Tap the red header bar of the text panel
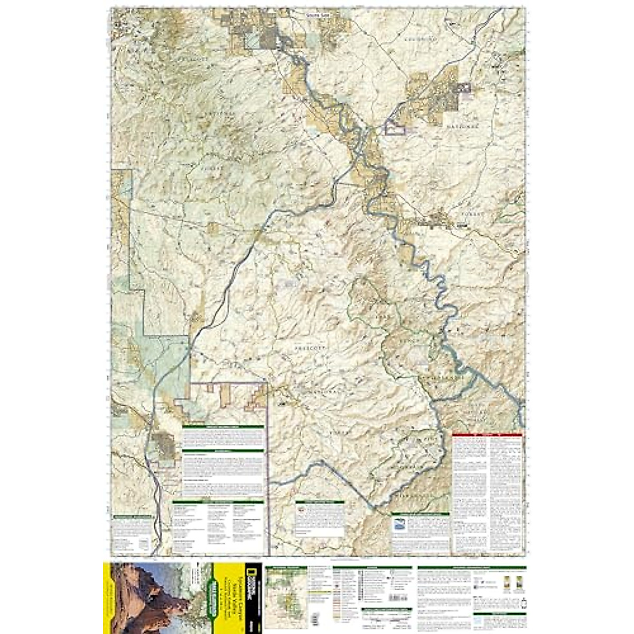pos(487,435)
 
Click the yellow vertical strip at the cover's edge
pos(107,597)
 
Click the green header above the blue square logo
pos(420,514)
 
